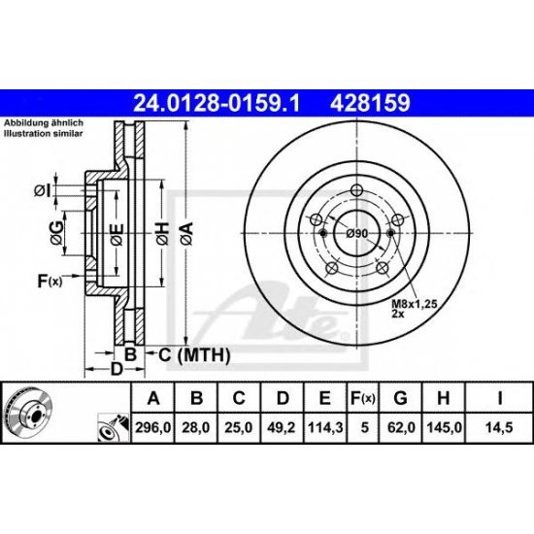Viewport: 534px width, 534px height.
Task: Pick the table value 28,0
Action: pos(198,425)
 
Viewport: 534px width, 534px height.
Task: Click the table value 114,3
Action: pos(323,425)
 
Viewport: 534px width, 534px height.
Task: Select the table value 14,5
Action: pos(497,425)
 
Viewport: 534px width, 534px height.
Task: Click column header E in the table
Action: pos(323,397)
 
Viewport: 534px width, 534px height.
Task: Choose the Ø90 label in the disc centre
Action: pos(356,234)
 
